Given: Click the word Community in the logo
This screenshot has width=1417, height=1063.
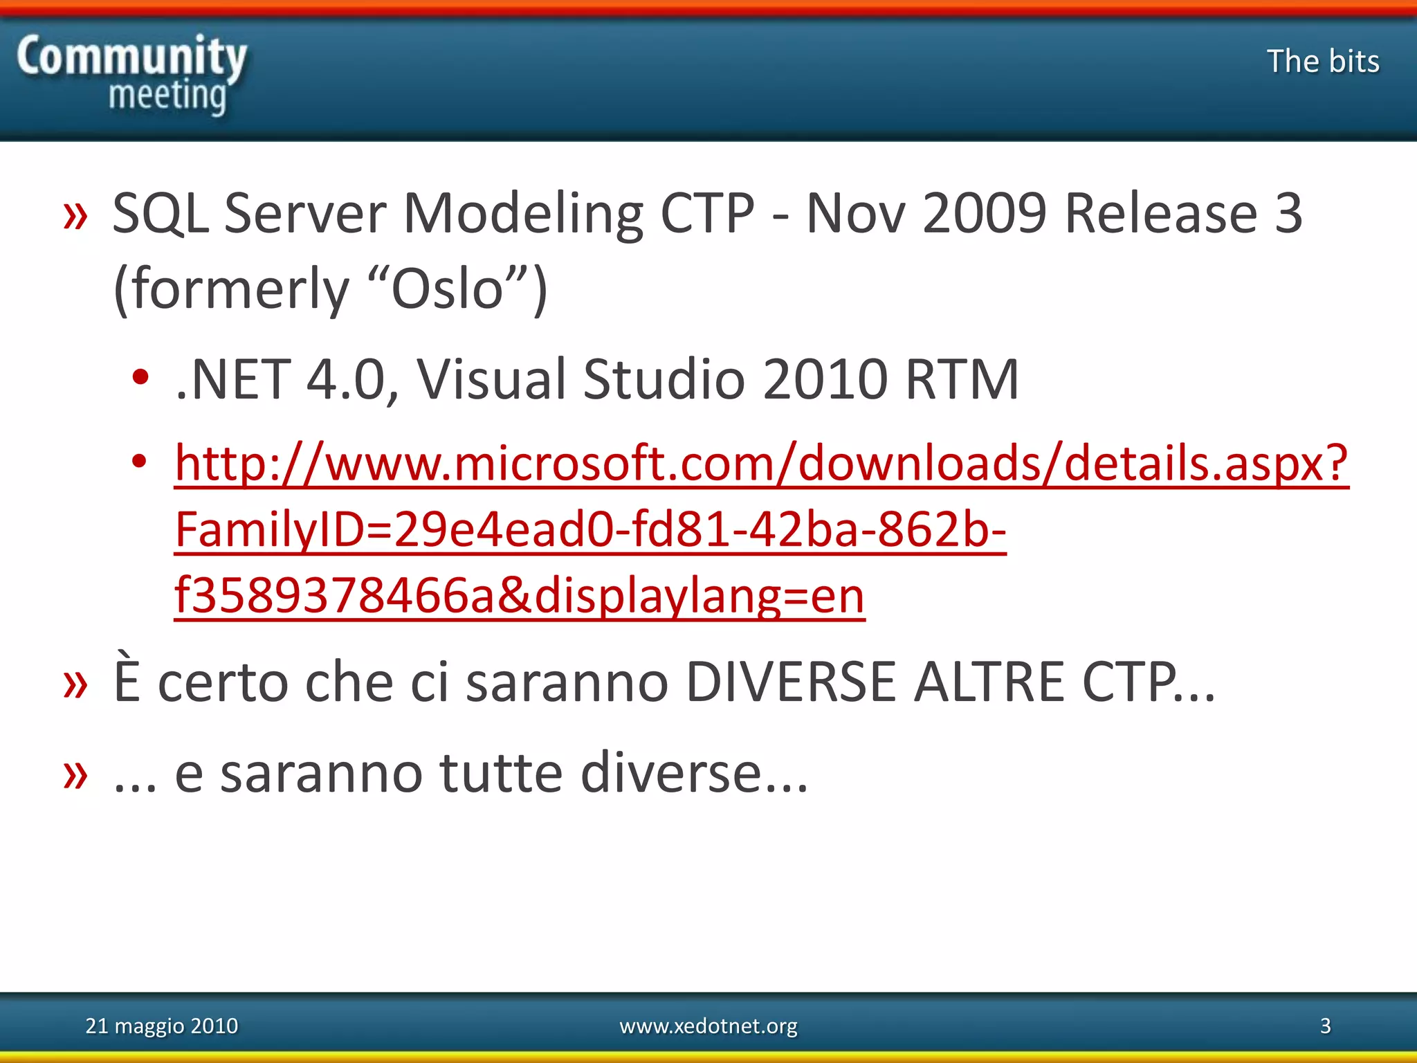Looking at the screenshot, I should click(x=131, y=57).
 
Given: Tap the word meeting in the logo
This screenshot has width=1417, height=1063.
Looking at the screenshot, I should click(x=167, y=96).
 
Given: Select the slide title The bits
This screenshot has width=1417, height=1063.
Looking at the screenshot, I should click(x=1323, y=61).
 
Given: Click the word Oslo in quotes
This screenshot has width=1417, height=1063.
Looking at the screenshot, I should click(x=447, y=289).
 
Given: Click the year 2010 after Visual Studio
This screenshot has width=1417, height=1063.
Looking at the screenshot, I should click(x=825, y=379).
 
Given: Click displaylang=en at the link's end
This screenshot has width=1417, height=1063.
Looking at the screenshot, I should click(x=699, y=595).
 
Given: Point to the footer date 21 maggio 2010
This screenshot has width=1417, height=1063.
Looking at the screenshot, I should click(x=161, y=1026).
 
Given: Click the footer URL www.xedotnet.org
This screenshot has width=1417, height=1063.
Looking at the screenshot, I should click(x=708, y=1026).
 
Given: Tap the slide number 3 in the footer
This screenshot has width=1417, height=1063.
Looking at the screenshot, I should click(x=1325, y=1026).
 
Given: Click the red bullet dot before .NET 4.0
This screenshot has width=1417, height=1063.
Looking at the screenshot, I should click(x=140, y=378).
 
